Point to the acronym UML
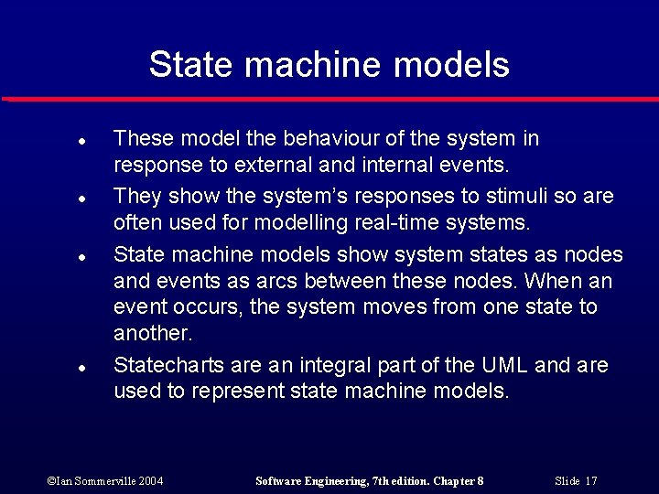[x=502, y=365]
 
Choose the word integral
[x=332, y=365]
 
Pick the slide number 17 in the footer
[x=590, y=480]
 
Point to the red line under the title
[x=329, y=99]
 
